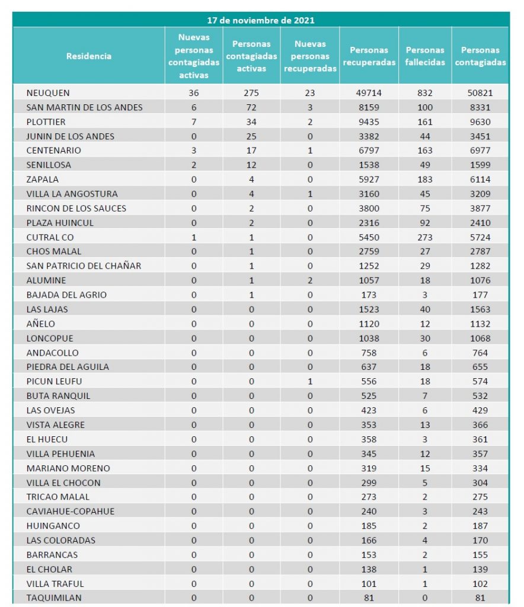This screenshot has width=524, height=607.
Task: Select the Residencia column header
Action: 88,56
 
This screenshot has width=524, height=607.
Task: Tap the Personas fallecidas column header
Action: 425,56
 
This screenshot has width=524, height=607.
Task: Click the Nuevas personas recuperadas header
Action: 310,56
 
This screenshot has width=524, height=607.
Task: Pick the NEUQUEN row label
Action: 48,93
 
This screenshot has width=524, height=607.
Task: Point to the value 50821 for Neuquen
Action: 480,93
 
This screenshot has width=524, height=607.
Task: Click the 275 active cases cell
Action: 251,93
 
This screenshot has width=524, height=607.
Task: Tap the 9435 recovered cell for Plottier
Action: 369,122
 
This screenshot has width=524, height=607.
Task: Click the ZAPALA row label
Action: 43,179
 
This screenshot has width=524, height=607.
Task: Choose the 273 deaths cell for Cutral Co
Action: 425,237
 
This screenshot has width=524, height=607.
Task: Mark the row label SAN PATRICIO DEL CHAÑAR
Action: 84,266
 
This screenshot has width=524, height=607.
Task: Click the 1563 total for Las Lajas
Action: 480,309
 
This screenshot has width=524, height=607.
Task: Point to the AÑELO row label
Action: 41,324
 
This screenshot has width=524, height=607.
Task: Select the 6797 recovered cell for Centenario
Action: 369,151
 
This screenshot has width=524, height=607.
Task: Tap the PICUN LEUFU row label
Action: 54,381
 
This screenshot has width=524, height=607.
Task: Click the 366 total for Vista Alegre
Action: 480,424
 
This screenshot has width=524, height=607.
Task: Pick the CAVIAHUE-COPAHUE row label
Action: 71,511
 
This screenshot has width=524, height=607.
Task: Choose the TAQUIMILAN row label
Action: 54,598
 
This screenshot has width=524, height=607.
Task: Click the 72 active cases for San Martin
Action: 251,107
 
